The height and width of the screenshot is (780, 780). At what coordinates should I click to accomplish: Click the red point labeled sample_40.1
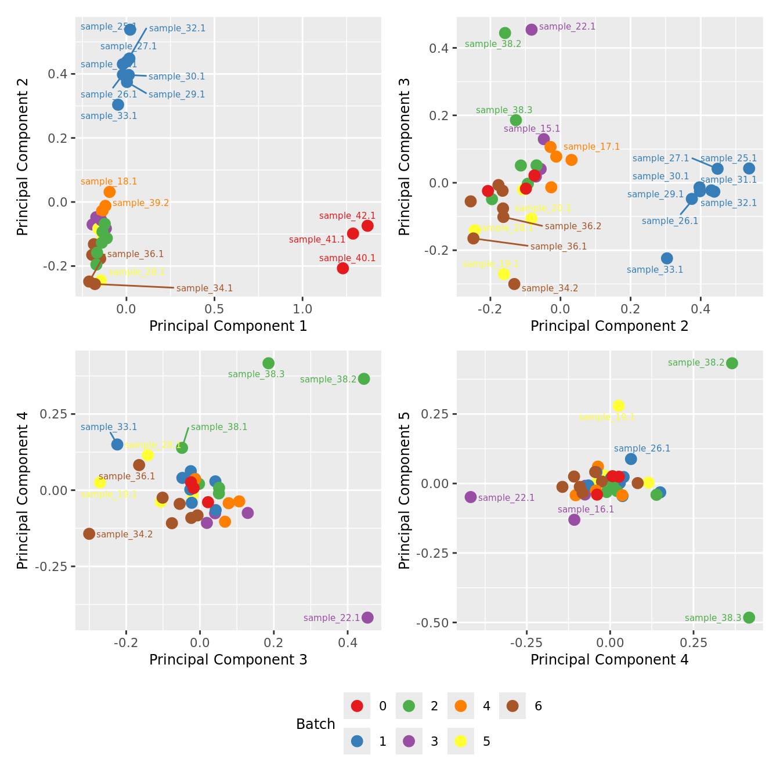click(x=342, y=268)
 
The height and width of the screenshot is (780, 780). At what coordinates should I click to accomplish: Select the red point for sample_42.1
click(x=367, y=226)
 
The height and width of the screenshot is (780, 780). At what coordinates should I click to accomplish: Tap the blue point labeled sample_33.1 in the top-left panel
click(x=118, y=104)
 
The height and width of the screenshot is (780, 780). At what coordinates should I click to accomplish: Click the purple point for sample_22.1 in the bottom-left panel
click(x=367, y=617)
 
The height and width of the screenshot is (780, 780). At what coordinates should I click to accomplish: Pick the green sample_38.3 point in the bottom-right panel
click(x=749, y=617)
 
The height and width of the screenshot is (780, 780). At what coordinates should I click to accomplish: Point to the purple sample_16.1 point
click(x=574, y=519)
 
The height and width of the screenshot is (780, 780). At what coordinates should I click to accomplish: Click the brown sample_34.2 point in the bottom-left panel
click(x=89, y=533)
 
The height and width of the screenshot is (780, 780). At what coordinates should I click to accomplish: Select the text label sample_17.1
click(x=591, y=147)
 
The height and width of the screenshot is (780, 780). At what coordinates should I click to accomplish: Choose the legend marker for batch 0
click(x=357, y=706)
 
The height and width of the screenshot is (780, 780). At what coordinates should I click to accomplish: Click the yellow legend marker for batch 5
click(x=461, y=741)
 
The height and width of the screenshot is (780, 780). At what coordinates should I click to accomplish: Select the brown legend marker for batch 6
click(x=512, y=706)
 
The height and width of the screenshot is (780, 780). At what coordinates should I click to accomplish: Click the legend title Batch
click(x=316, y=724)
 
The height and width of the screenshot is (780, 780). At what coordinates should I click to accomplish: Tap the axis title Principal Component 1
click(x=228, y=326)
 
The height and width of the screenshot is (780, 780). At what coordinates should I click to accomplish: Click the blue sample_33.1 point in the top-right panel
click(x=667, y=258)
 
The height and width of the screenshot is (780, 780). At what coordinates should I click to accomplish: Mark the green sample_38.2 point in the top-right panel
click(x=505, y=33)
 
